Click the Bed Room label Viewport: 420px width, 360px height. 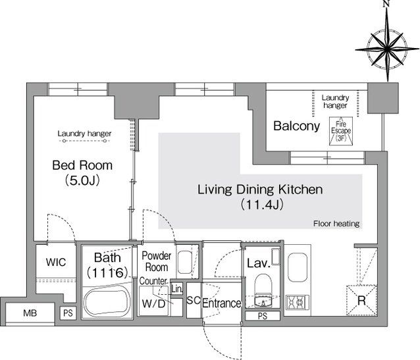tap(82, 165)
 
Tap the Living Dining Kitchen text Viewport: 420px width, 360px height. tap(260, 190)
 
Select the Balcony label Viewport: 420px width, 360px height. tap(296, 126)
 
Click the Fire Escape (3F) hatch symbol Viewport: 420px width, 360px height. tap(341, 131)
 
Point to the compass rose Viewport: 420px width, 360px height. tap(387, 49)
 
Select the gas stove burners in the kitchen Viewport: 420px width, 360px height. tap(297, 303)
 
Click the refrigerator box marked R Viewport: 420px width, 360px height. tap(361, 300)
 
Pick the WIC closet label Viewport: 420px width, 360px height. tap(56, 262)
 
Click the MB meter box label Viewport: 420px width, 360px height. tap(30, 313)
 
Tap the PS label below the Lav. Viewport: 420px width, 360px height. tap(263, 316)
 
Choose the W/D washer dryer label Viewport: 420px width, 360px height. tap(153, 303)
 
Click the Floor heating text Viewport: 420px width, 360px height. tap(336, 223)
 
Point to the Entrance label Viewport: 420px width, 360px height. tap(221, 303)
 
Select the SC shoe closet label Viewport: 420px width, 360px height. tap(194, 300)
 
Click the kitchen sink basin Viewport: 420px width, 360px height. tap(298, 267)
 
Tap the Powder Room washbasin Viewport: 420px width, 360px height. tap(184, 262)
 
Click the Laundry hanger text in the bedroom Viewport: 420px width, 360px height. tap(84, 134)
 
